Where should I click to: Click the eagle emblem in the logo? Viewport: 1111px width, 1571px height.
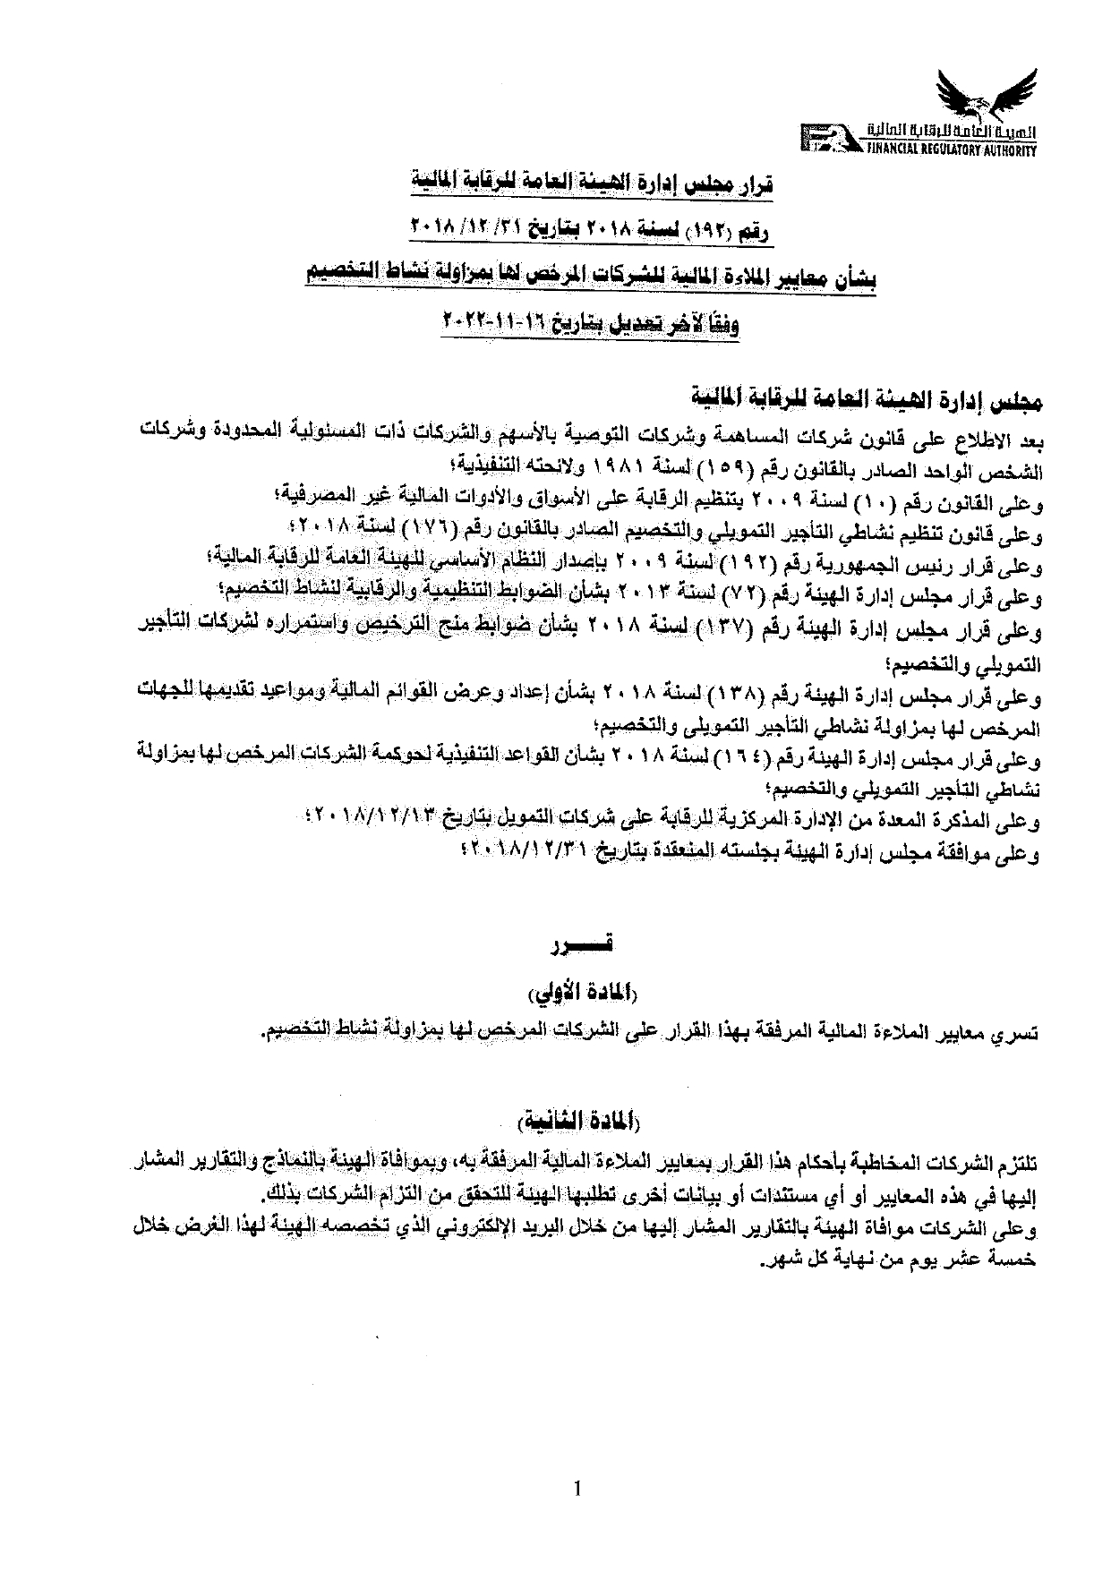click(x=980, y=101)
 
